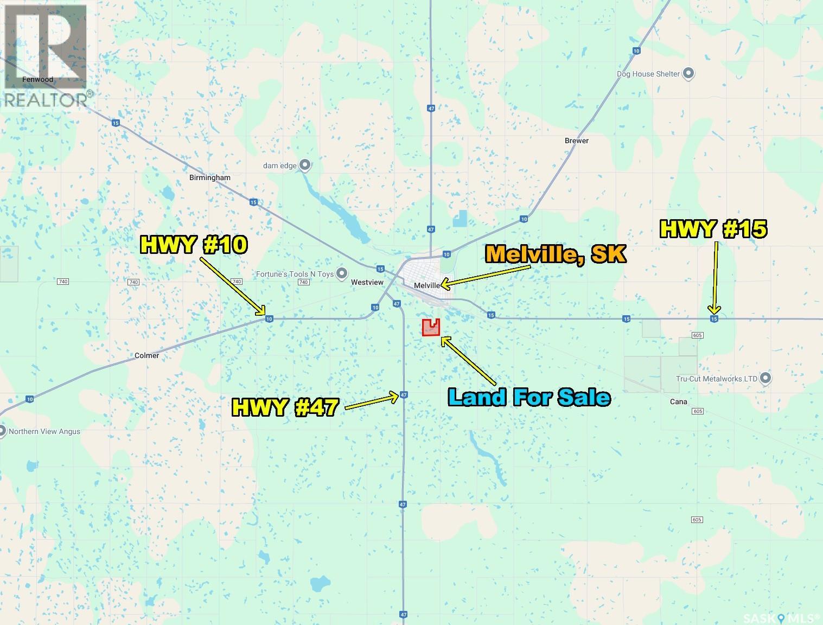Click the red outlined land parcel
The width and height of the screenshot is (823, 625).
(x=431, y=328)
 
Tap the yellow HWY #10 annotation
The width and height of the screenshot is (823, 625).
(x=194, y=245)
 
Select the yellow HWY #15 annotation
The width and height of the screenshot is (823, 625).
(x=713, y=229)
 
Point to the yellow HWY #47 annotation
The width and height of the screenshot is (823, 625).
(x=285, y=406)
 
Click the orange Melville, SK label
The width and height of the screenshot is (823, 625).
(x=556, y=254)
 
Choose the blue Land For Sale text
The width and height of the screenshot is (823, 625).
(x=529, y=397)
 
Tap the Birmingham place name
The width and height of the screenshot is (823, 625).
(x=209, y=177)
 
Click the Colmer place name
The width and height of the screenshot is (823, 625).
(x=146, y=355)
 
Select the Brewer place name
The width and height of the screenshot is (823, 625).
(x=576, y=141)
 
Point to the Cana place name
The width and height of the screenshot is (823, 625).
(x=678, y=401)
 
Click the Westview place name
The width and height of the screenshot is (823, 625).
(x=367, y=282)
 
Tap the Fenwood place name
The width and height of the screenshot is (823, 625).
(x=38, y=79)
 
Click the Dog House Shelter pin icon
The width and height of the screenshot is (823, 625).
(x=688, y=73)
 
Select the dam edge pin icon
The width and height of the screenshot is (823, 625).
(x=305, y=164)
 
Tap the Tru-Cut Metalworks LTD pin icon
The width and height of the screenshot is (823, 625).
(x=765, y=378)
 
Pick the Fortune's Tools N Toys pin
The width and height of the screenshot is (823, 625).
(x=342, y=274)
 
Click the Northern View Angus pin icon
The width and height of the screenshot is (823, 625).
(x=3, y=431)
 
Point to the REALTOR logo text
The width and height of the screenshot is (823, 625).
(x=48, y=99)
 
